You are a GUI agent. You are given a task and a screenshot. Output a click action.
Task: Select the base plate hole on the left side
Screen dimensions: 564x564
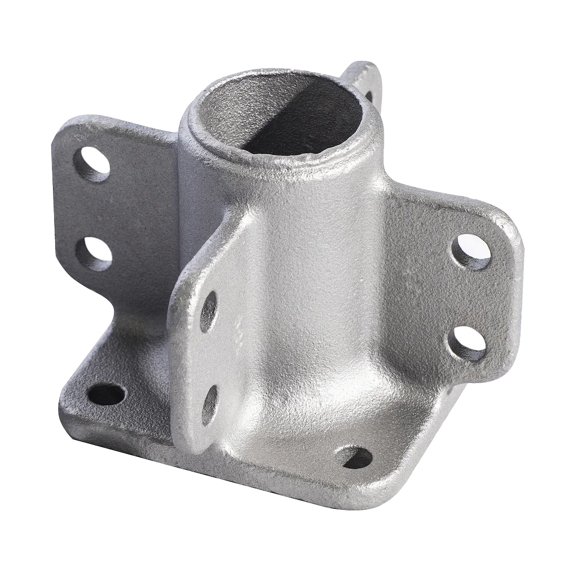[x=106, y=393]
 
